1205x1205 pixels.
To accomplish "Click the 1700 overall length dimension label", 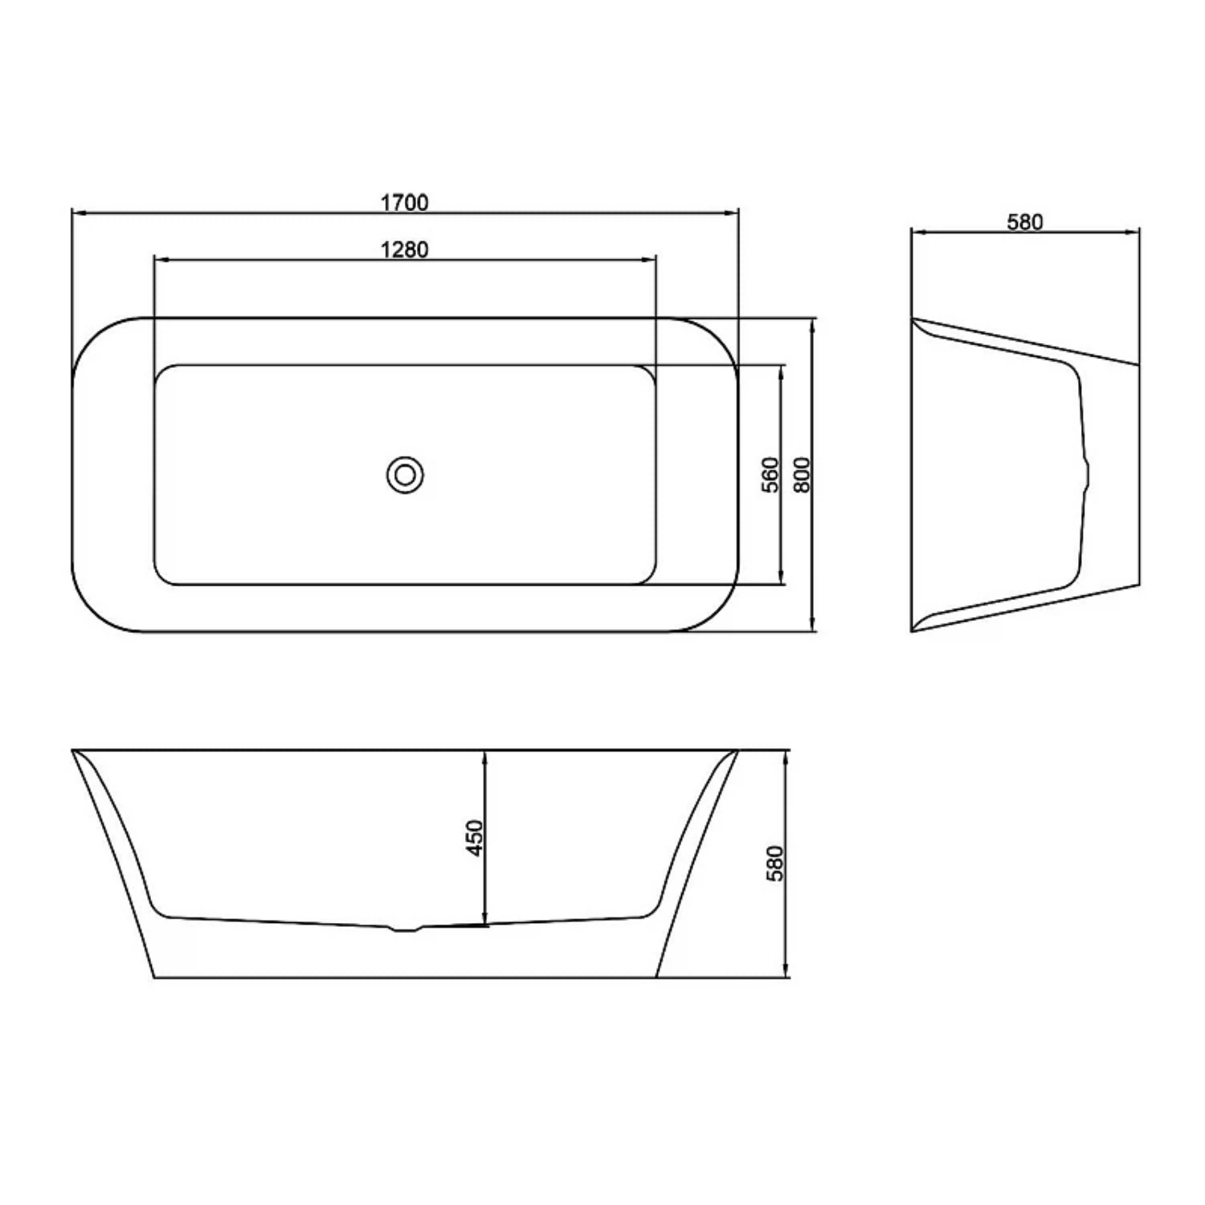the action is coord(404,202).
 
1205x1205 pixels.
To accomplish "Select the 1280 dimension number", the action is coord(404,250).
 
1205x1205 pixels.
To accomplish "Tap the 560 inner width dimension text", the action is coord(770,475).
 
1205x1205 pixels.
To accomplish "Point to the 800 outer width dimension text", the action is coord(802,475).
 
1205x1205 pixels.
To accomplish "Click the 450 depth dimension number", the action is coord(475,838).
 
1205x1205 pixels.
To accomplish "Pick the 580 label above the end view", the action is coord(1025,222).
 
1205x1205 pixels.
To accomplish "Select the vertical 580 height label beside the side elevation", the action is coord(774,864).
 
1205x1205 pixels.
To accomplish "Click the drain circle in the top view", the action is coord(405,476).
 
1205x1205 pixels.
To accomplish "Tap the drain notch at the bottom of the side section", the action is coord(405,929).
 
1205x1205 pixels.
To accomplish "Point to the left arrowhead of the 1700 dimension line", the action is coord(79,213).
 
